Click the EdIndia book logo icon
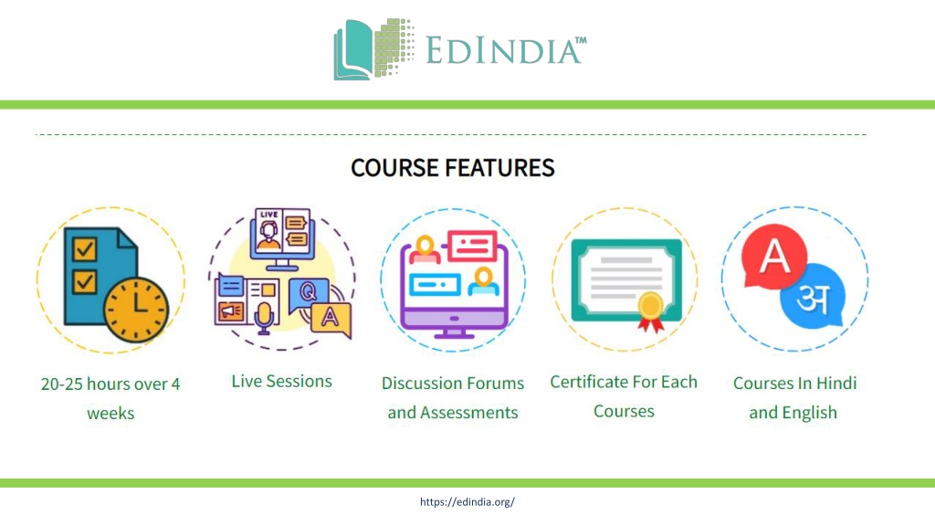(373, 49)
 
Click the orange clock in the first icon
(136, 310)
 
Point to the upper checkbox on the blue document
(85, 248)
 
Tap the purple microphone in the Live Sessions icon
(264, 318)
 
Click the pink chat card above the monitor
(472, 246)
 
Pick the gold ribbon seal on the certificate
(650, 312)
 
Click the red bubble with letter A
(774, 257)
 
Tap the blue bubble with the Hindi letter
(813, 297)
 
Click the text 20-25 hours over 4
(110, 384)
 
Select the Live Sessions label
(281, 381)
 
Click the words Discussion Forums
(453, 383)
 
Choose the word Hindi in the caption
(836, 383)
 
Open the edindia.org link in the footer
(467, 502)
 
